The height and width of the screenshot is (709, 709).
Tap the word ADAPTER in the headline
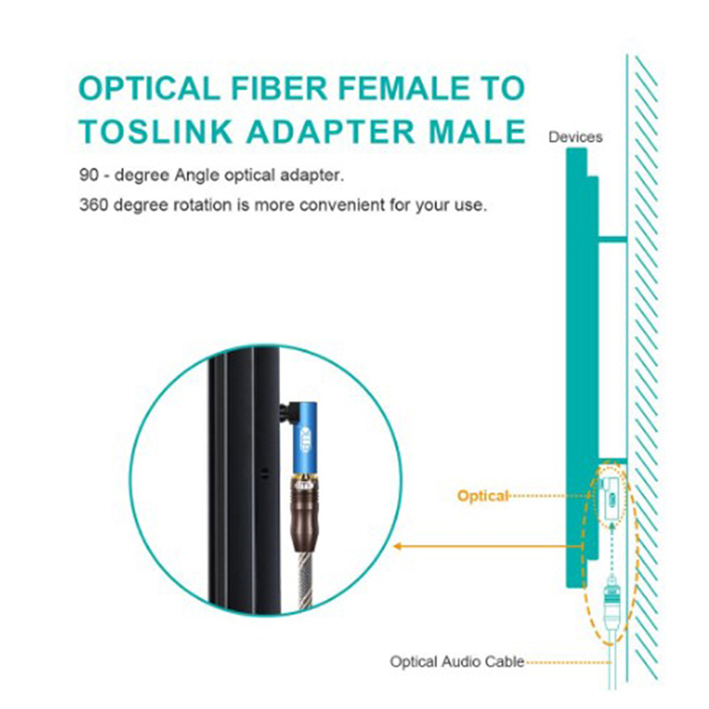click(x=331, y=131)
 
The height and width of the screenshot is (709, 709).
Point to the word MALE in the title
click(x=477, y=131)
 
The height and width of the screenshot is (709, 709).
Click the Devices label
click(x=575, y=137)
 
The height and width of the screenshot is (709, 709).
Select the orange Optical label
click(x=483, y=495)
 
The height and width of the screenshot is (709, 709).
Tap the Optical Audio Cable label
click(x=456, y=661)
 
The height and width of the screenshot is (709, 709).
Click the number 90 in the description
click(x=89, y=175)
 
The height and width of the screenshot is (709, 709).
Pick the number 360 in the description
click(x=94, y=205)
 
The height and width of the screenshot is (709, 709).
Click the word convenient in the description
click(x=342, y=205)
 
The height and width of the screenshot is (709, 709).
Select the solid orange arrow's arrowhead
click(x=398, y=546)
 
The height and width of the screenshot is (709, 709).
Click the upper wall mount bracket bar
click(x=612, y=238)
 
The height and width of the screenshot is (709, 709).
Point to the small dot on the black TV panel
click(x=265, y=474)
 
